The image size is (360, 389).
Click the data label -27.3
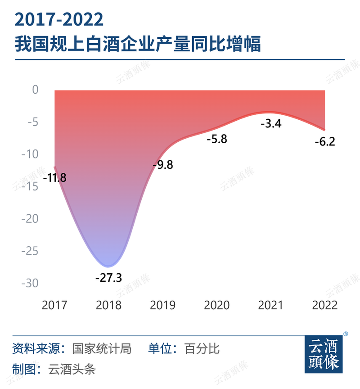click(x=108, y=277)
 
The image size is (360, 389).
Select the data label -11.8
click(x=55, y=177)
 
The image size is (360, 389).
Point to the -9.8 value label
click(x=162, y=165)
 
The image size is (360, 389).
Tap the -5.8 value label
click(x=216, y=139)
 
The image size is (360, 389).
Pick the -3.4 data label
click(x=271, y=123)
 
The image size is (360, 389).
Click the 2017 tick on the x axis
click(x=54, y=305)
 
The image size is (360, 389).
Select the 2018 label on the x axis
click(x=108, y=305)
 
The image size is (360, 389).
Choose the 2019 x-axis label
click(x=162, y=305)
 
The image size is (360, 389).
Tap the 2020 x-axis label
click(x=216, y=305)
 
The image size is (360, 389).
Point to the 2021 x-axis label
click(x=271, y=305)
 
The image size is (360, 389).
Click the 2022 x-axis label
click(x=325, y=305)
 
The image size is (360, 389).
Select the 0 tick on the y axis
click(x=35, y=90)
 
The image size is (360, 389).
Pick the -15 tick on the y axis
click(x=31, y=187)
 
